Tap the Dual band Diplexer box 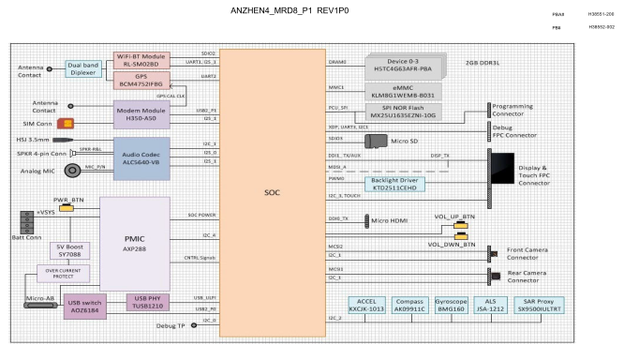pyautogui.click(x=82, y=69)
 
